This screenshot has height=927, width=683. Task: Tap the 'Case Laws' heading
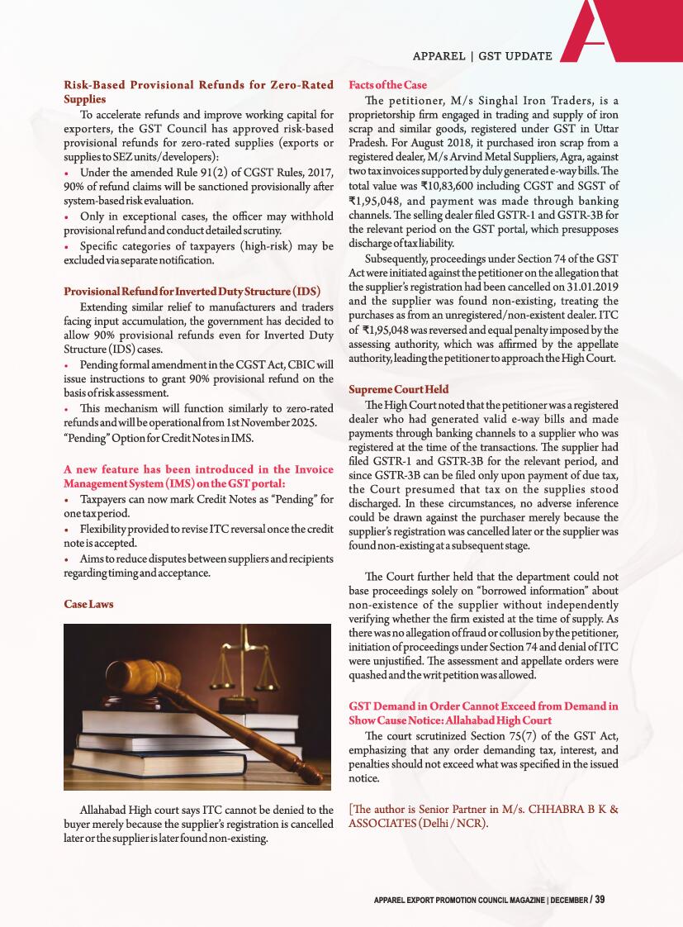click(x=88, y=604)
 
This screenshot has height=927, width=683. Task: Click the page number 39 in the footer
click(x=600, y=899)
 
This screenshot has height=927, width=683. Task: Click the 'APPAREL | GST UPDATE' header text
click(x=482, y=55)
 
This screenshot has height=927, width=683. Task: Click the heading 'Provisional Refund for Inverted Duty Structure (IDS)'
click(x=192, y=292)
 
